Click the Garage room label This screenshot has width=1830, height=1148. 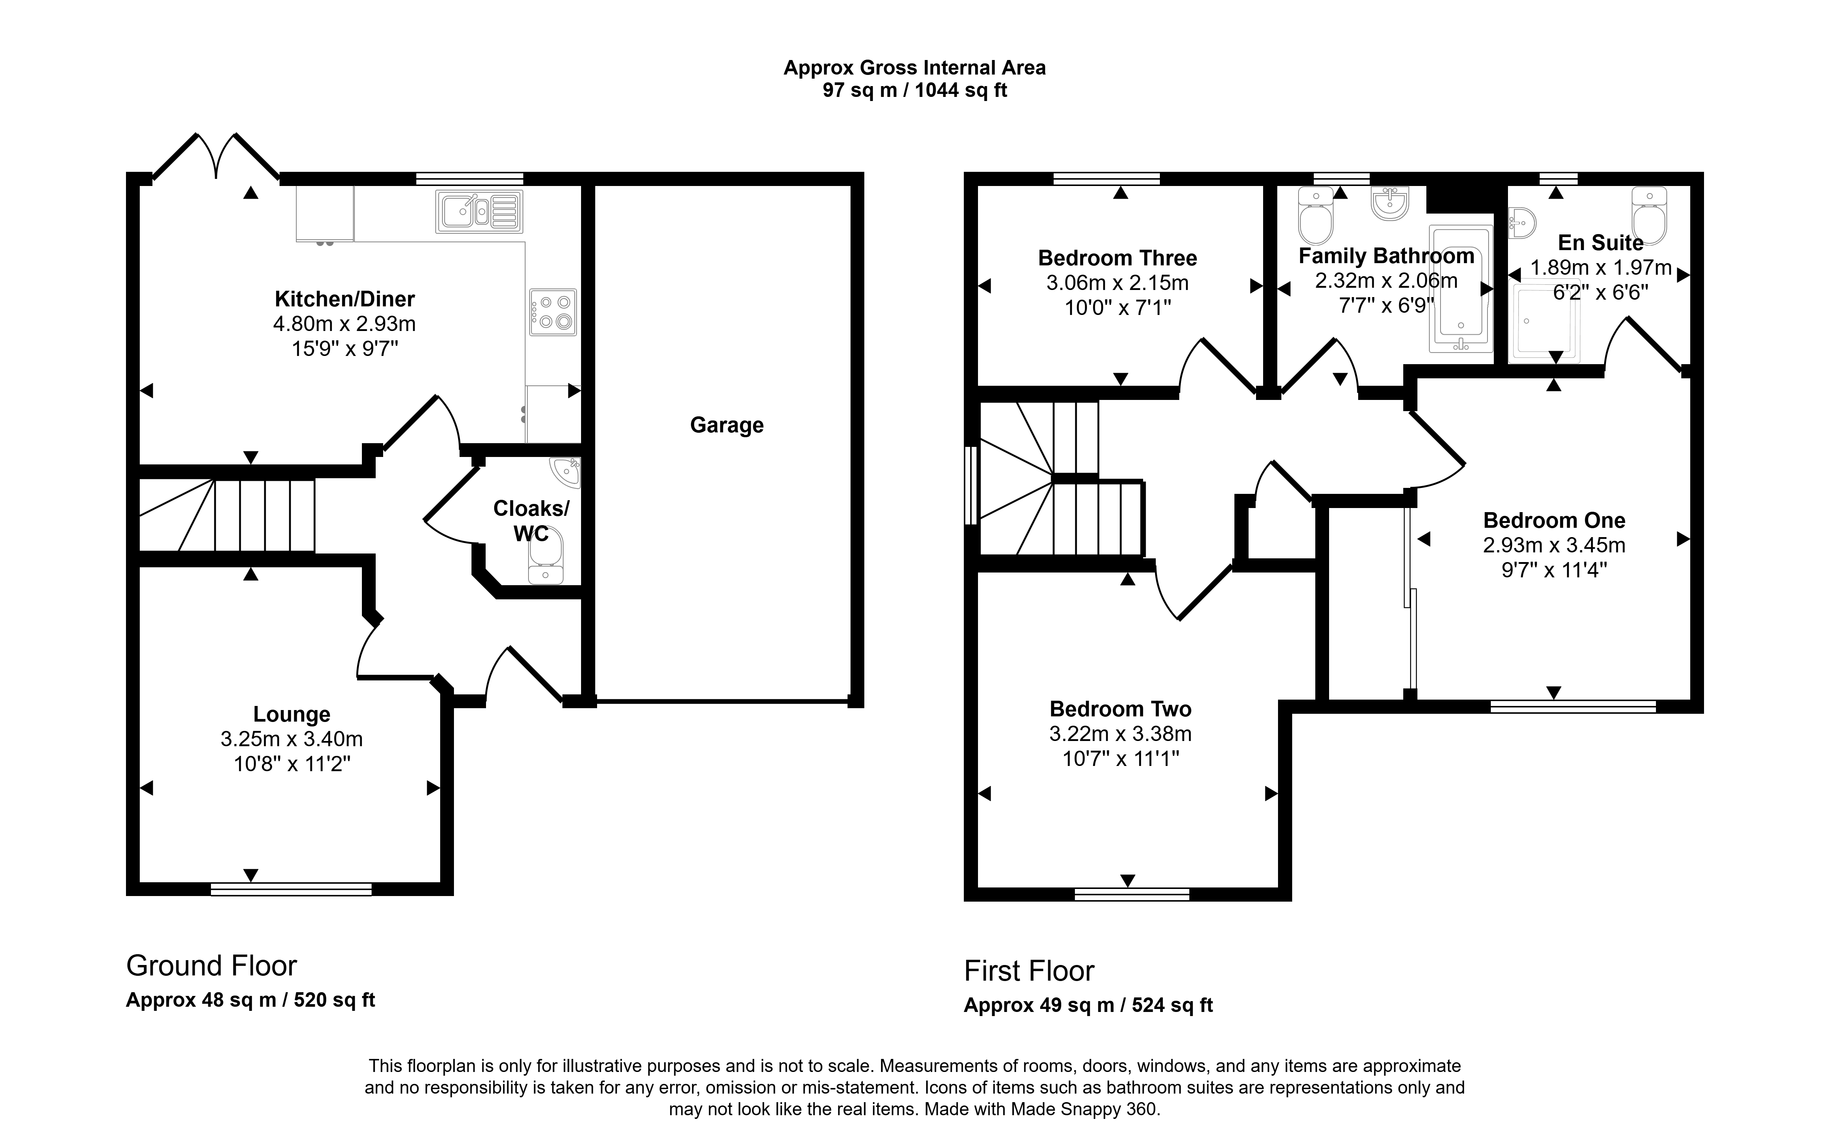point(726,425)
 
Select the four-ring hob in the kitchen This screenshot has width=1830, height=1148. point(553,312)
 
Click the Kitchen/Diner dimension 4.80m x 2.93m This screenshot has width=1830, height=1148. point(345,324)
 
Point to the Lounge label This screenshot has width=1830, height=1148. point(291,715)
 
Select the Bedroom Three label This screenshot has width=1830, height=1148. point(1117,258)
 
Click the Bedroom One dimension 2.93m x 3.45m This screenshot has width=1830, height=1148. point(1554,545)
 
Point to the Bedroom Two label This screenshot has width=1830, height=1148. point(1120,709)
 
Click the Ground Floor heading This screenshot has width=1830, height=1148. point(211,966)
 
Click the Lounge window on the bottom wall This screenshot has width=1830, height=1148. point(291,889)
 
